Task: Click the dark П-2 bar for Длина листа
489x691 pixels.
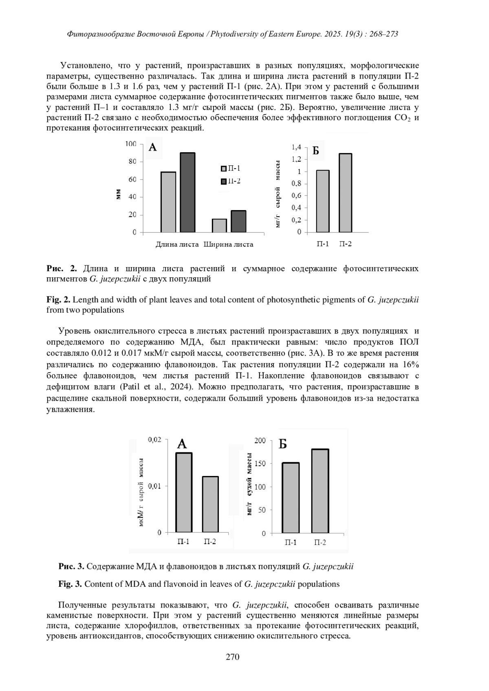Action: click(x=187, y=193)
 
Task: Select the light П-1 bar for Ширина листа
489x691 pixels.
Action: click(x=219, y=226)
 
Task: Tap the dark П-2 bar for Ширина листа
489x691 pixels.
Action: click(x=238, y=222)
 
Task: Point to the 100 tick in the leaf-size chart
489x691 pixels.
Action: click(x=131, y=144)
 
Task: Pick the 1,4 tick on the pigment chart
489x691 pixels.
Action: click(x=296, y=147)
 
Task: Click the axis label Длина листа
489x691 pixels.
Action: click(x=177, y=245)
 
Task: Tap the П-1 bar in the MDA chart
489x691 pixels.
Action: click(x=184, y=492)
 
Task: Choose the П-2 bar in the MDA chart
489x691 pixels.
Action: click(x=210, y=504)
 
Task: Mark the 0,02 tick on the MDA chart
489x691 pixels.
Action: click(x=154, y=440)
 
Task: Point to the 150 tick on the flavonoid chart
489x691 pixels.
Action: click(x=260, y=463)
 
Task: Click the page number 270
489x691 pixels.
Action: click(x=233, y=657)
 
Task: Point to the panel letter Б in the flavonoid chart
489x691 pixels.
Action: click(x=283, y=444)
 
